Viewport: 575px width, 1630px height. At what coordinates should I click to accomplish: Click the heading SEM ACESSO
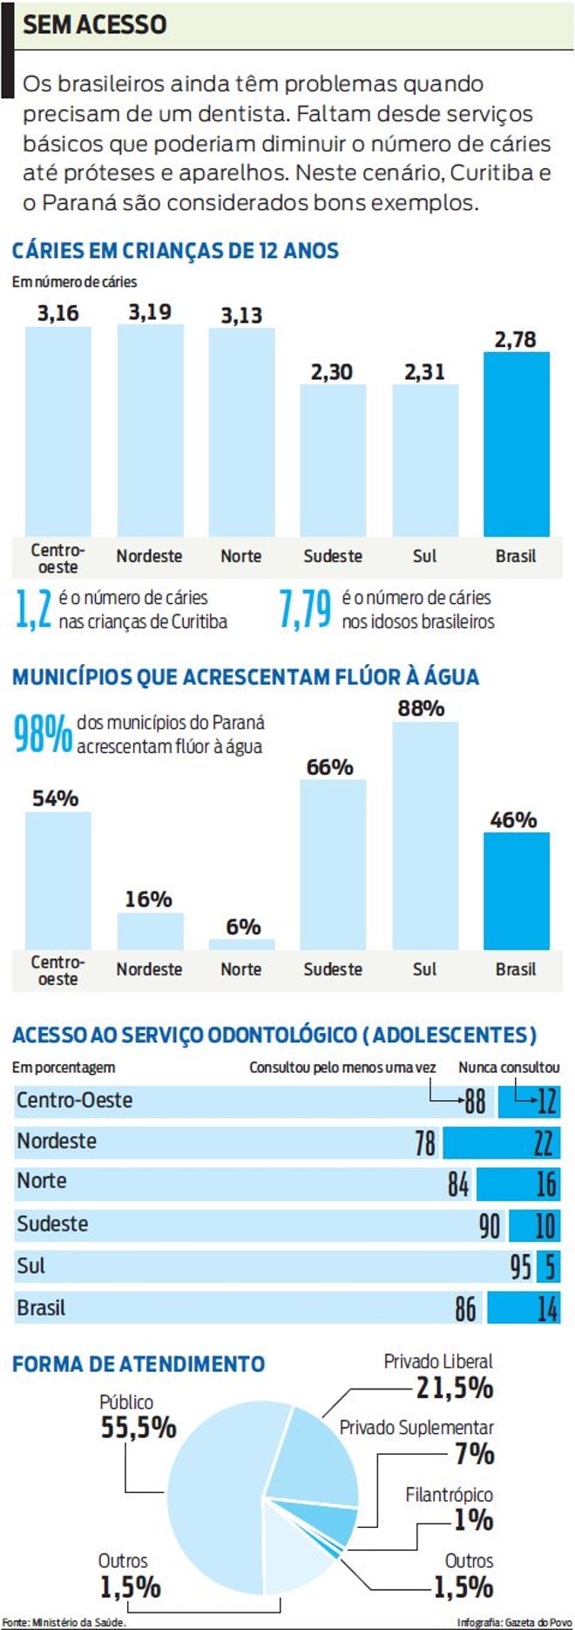pyautogui.click(x=94, y=24)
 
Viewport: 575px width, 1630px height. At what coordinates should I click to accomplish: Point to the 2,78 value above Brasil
pyautogui.click(x=515, y=340)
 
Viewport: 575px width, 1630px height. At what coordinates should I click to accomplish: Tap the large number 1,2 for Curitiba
pyautogui.click(x=34, y=609)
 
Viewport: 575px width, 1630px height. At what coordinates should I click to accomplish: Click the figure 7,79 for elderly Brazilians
pyautogui.click(x=305, y=609)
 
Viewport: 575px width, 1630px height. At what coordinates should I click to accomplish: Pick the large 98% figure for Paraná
pyautogui.click(x=42, y=734)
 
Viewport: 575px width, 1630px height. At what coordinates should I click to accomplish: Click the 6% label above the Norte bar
pyautogui.click(x=243, y=927)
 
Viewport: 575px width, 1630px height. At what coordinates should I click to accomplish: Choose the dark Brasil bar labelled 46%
pyautogui.click(x=516, y=891)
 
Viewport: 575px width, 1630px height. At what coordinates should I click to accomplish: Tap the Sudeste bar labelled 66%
pyautogui.click(x=333, y=864)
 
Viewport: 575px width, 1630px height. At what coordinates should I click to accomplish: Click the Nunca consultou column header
pyautogui.click(x=509, y=1067)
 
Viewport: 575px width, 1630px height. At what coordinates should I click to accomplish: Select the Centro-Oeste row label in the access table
pyautogui.click(x=75, y=1100)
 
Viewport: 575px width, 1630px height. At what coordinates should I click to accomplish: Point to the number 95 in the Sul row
pyautogui.click(x=520, y=1267)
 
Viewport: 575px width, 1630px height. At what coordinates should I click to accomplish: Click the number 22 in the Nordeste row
pyautogui.click(x=542, y=1142)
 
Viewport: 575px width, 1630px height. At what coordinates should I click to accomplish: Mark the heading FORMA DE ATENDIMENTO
pyautogui.click(x=139, y=1364)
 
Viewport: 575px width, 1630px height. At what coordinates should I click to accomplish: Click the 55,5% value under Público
pyautogui.click(x=139, y=1427)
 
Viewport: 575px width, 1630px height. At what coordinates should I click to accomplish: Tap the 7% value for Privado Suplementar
pyautogui.click(x=474, y=1453)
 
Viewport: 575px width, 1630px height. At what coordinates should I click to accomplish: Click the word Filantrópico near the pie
pyautogui.click(x=449, y=1495)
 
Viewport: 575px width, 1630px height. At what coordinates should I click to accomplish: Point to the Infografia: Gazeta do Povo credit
pyautogui.click(x=514, y=1622)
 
